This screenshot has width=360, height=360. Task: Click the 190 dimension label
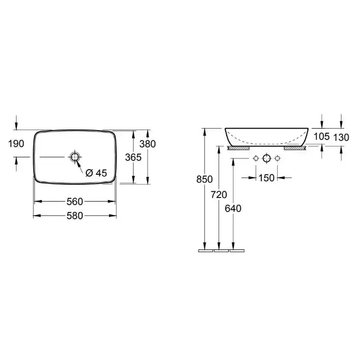pyautogui.click(x=16, y=143)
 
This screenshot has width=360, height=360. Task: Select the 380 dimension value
pyautogui.click(x=148, y=144)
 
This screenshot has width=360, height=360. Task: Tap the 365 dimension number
pyautogui.click(x=133, y=157)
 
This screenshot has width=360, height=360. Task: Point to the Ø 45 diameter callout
pyautogui.click(x=97, y=173)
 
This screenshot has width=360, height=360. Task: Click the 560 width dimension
pyautogui.click(x=75, y=202)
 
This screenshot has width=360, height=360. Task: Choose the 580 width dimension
pyautogui.click(x=75, y=216)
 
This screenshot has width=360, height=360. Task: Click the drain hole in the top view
pyautogui.click(x=75, y=157)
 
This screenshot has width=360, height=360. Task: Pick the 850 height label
pyautogui.click(x=204, y=179)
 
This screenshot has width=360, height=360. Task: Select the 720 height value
pyautogui.click(x=219, y=195)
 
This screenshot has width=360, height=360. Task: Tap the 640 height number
pyautogui.click(x=233, y=208)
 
